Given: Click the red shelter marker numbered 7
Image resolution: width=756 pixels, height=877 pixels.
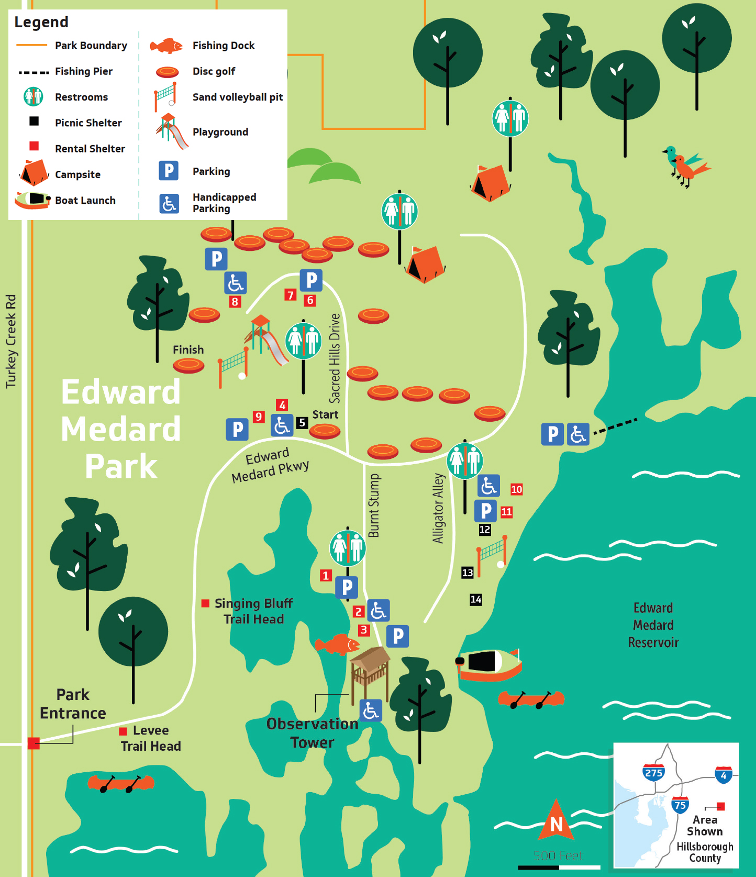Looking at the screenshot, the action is (x=290, y=295).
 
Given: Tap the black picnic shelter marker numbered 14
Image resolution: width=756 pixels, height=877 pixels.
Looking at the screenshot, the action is (x=476, y=599).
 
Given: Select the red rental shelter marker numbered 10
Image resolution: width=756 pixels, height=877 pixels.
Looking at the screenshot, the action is (x=516, y=489).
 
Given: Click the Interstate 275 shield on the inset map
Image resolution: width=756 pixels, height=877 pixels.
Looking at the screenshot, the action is (x=653, y=772).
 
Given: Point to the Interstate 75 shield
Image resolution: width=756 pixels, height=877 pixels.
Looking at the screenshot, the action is (x=680, y=805).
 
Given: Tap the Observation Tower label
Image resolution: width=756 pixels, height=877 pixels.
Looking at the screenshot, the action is (x=312, y=733).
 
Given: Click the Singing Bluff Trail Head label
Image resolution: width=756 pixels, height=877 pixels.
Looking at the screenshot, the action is (x=253, y=611).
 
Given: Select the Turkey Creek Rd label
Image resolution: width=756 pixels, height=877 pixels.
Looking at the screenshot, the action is (x=11, y=341).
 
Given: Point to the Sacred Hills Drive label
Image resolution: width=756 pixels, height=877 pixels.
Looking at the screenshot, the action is (x=335, y=358).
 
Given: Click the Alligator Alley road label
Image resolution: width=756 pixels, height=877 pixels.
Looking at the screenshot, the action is (x=438, y=508).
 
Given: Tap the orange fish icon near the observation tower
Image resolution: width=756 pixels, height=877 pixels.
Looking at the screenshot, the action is (x=338, y=644).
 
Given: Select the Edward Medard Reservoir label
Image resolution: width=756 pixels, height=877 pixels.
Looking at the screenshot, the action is (x=653, y=625).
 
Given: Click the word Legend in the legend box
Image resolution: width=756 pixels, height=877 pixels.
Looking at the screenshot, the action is (x=41, y=22).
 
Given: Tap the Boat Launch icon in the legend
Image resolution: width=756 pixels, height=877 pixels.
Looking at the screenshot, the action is (x=32, y=200).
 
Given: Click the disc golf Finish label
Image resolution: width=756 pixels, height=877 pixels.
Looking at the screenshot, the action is (x=188, y=349).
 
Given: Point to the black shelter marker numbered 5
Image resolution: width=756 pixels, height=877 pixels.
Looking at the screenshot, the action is (x=302, y=422).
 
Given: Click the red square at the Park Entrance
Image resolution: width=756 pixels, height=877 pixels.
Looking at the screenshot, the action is (x=34, y=743).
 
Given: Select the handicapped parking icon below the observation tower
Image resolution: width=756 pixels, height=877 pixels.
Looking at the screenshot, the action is (x=371, y=711).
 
